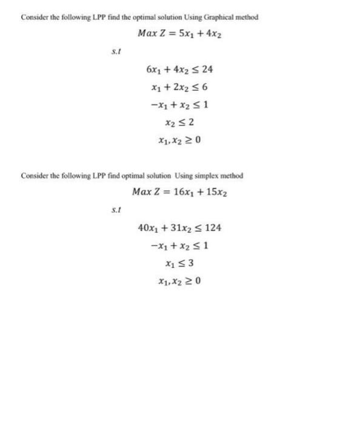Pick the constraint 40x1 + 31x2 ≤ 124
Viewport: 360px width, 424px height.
point(179,228)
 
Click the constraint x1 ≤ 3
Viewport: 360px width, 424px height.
point(179,263)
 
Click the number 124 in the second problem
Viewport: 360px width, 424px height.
point(213,228)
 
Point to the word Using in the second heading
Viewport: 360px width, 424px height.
point(184,176)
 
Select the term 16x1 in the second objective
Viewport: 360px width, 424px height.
point(181,192)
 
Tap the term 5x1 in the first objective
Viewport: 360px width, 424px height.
point(181,33)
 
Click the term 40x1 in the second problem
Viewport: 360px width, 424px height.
point(148,228)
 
